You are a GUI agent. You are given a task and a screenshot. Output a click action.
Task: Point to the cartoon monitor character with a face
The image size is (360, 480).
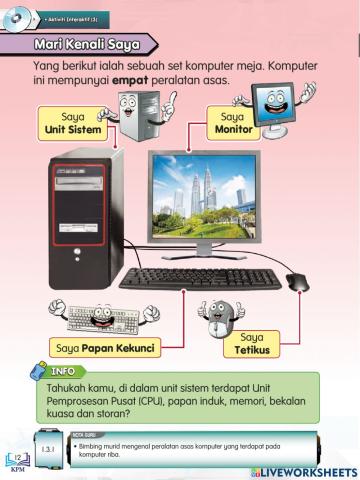coord(271,110)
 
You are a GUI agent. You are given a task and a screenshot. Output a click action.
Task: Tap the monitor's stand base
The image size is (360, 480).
coord(224,263)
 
